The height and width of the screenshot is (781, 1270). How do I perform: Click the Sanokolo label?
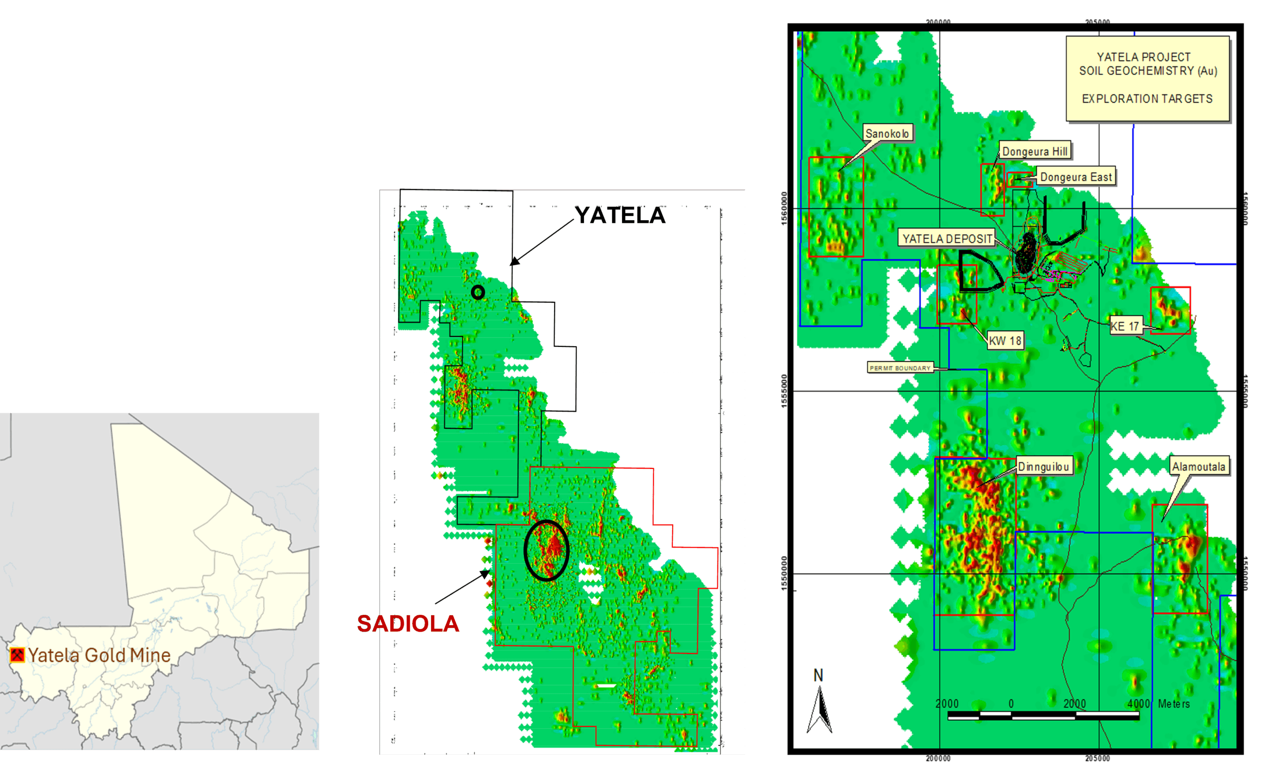click(887, 133)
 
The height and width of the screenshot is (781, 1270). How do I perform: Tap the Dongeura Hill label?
click(1034, 151)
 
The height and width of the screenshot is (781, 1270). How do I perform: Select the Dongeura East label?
click(1076, 177)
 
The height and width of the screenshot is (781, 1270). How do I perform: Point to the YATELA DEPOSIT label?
click(947, 238)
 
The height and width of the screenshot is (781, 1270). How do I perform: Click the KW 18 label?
click(1005, 340)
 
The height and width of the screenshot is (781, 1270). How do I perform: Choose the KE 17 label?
click(1125, 326)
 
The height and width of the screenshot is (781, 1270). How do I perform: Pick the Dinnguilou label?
click(1043, 466)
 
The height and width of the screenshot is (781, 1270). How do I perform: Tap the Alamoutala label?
click(1198, 466)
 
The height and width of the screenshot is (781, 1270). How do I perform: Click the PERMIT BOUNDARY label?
click(900, 368)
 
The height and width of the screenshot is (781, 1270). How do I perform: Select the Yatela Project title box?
click(1147, 78)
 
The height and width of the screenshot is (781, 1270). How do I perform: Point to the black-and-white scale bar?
click(1043, 716)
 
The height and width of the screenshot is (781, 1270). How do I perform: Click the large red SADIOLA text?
click(408, 623)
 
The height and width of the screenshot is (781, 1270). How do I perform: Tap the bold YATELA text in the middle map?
click(620, 215)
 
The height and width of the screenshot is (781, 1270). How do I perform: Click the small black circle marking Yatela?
click(478, 292)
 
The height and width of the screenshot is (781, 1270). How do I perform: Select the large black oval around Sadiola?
click(546, 551)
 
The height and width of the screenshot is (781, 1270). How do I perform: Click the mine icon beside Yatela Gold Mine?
click(17, 654)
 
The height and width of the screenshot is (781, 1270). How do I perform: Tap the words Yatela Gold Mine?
click(99, 655)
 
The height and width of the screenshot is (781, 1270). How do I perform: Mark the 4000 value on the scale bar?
click(1138, 704)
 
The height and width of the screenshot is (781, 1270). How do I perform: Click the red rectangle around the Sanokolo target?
click(835, 206)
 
